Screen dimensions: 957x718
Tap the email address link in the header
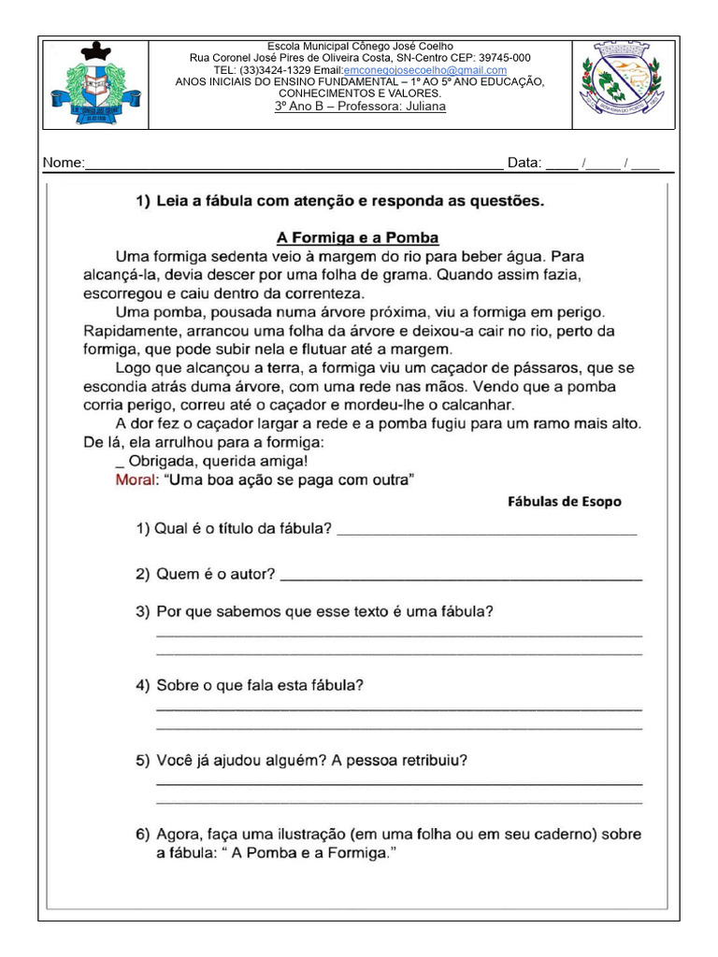click(425, 70)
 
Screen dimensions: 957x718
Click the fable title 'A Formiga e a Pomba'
click(358, 237)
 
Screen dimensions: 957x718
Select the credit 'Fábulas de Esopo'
click(564, 502)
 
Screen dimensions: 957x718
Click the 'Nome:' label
click(63, 164)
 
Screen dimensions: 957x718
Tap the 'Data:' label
click(524, 164)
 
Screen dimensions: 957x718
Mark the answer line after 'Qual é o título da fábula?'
click(486, 532)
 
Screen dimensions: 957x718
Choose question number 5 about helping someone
click(302, 760)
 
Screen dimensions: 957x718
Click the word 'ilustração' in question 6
click(327, 834)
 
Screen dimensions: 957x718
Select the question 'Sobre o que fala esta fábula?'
click(251, 685)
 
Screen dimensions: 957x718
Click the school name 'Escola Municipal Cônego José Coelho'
click(360, 46)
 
